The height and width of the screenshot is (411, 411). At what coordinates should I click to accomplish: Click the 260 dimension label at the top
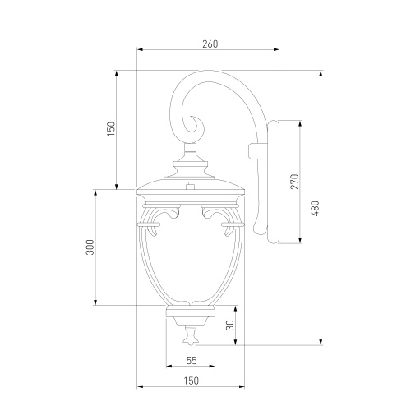click(x=210, y=44)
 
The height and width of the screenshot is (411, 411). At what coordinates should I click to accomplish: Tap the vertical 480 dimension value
click(x=316, y=209)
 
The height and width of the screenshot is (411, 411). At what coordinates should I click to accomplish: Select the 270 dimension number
click(x=294, y=182)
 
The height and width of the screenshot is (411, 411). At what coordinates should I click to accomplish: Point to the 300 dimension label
click(x=90, y=247)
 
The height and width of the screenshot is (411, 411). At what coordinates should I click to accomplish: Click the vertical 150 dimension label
click(x=111, y=129)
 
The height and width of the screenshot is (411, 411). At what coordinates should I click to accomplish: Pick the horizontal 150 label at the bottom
click(x=191, y=381)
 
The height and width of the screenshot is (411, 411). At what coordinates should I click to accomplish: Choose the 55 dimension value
click(x=192, y=360)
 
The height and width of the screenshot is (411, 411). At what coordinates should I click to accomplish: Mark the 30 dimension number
click(x=231, y=326)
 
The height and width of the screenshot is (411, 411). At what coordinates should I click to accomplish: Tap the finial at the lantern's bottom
click(x=190, y=335)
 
